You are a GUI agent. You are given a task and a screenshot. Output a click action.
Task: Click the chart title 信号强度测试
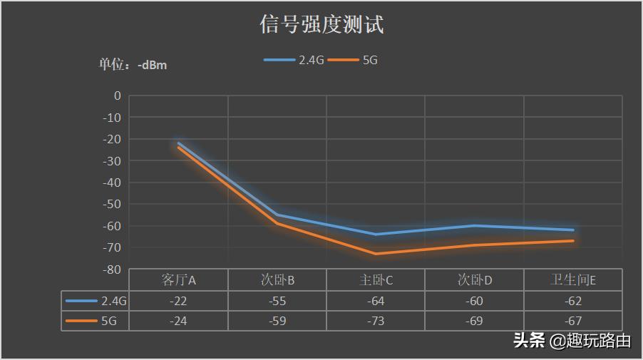click(x=321, y=25)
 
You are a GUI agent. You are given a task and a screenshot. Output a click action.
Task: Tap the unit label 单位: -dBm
click(x=133, y=65)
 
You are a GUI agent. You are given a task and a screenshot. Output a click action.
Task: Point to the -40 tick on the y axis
click(x=112, y=182)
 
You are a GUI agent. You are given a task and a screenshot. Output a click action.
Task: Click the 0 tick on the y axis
click(x=117, y=96)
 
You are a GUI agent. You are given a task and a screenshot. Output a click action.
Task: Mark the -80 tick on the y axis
click(x=112, y=269)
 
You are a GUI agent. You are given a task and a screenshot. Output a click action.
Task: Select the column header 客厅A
click(x=179, y=280)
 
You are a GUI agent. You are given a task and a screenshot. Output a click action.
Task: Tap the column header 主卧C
click(x=376, y=280)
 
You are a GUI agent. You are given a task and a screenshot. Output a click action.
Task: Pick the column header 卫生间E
click(x=573, y=280)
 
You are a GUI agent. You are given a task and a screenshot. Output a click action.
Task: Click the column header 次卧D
click(x=475, y=280)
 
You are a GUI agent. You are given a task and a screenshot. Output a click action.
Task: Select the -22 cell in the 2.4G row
click(x=179, y=301)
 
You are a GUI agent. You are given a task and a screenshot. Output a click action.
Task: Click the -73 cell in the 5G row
click(x=376, y=321)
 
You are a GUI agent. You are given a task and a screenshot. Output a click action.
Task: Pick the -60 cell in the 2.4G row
click(x=475, y=301)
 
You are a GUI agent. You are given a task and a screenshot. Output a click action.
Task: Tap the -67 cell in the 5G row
click(x=573, y=321)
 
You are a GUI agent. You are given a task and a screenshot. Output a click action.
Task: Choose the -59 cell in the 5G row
click(x=277, y=321)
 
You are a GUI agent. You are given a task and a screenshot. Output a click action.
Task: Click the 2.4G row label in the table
click(x=96, y=301)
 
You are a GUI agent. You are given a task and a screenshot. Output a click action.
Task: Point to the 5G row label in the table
click(x=96, y=321)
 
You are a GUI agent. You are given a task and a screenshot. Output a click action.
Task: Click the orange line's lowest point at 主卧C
click(x=376, y=254)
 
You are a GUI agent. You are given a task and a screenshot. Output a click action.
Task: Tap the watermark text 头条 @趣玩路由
click(x=572, y=341)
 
